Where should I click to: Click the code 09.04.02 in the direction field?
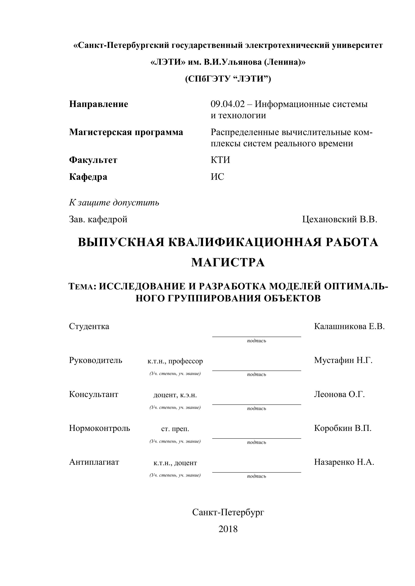227,104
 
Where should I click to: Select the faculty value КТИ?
220,160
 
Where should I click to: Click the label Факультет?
93,160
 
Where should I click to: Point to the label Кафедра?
88,177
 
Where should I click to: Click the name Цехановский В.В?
340,219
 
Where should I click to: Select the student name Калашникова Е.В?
349,326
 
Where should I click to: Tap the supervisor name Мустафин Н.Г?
343,360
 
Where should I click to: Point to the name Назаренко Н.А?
344,462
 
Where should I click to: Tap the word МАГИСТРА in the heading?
228,262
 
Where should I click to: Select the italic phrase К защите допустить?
114,203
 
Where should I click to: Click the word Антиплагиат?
94,462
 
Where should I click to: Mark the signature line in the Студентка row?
256,337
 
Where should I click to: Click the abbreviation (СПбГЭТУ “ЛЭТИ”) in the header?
228,79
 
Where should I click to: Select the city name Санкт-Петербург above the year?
228,512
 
